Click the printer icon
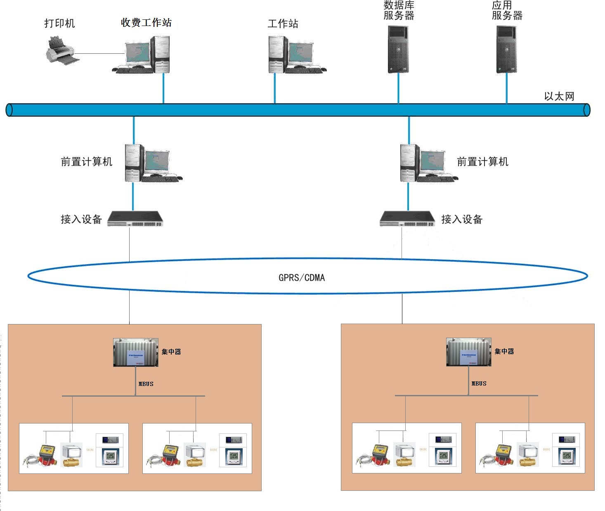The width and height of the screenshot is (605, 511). click(61, 51)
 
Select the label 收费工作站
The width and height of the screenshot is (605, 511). click(146, 23)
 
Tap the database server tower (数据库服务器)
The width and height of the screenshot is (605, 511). click(398, 50)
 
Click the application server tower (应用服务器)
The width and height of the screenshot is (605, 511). click(506, 50)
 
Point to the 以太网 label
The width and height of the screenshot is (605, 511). click(559, 96)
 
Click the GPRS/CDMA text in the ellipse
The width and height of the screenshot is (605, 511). click(302, 278)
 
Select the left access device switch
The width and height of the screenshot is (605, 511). click(135, 219)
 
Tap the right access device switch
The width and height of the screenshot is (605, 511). click(407, 219)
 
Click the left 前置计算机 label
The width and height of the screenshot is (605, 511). click(87, 162)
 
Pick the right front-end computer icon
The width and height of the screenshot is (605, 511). click(427, 164)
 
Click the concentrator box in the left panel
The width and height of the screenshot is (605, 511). click(136, 352)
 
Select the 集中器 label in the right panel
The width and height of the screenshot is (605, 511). click(504, 351)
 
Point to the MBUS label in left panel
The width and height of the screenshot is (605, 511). click(146, 384)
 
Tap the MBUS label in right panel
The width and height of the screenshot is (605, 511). click(479, 383)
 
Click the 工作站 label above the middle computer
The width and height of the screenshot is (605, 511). click(283, 24)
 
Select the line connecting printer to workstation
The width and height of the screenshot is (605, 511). click(99, 54)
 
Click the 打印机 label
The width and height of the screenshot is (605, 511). click(59, 24)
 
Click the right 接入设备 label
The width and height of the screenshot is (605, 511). click(462, 220)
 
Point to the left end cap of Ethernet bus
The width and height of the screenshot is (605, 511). click(9, 110)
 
